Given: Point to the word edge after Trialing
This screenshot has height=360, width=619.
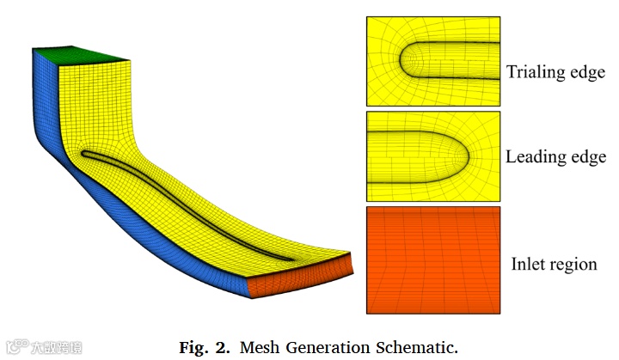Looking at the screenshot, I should click(585, 72).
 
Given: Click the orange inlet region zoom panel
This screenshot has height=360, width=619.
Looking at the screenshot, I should click(432, 259).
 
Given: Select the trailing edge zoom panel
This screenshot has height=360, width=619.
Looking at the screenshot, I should click(432, 60).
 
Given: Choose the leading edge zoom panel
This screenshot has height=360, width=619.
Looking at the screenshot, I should click(432, 156).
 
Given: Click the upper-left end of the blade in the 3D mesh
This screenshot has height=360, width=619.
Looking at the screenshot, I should click(84, 155).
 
